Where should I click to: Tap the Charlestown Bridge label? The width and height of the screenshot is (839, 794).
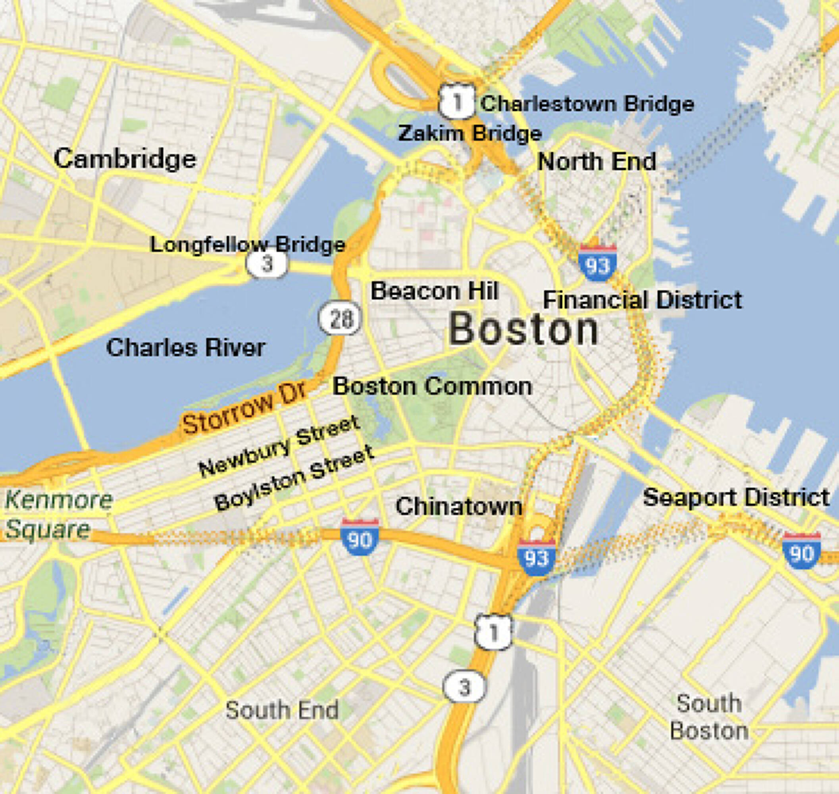587,104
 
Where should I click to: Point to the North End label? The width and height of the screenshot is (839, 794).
597,162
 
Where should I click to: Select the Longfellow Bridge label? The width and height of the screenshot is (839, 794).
248,245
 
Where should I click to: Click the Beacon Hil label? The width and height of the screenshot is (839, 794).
434,291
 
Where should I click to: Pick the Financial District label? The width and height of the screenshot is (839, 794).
642,300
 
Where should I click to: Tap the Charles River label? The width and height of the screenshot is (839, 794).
185,348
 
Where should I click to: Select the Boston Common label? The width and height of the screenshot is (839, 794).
433,387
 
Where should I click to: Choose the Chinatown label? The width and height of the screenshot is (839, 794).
459,507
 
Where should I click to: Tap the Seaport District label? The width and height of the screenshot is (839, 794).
736,498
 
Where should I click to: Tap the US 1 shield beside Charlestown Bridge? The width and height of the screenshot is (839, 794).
456,102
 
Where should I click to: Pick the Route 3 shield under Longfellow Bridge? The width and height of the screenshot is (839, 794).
267,264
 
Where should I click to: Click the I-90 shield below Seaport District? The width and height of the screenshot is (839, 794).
801,551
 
